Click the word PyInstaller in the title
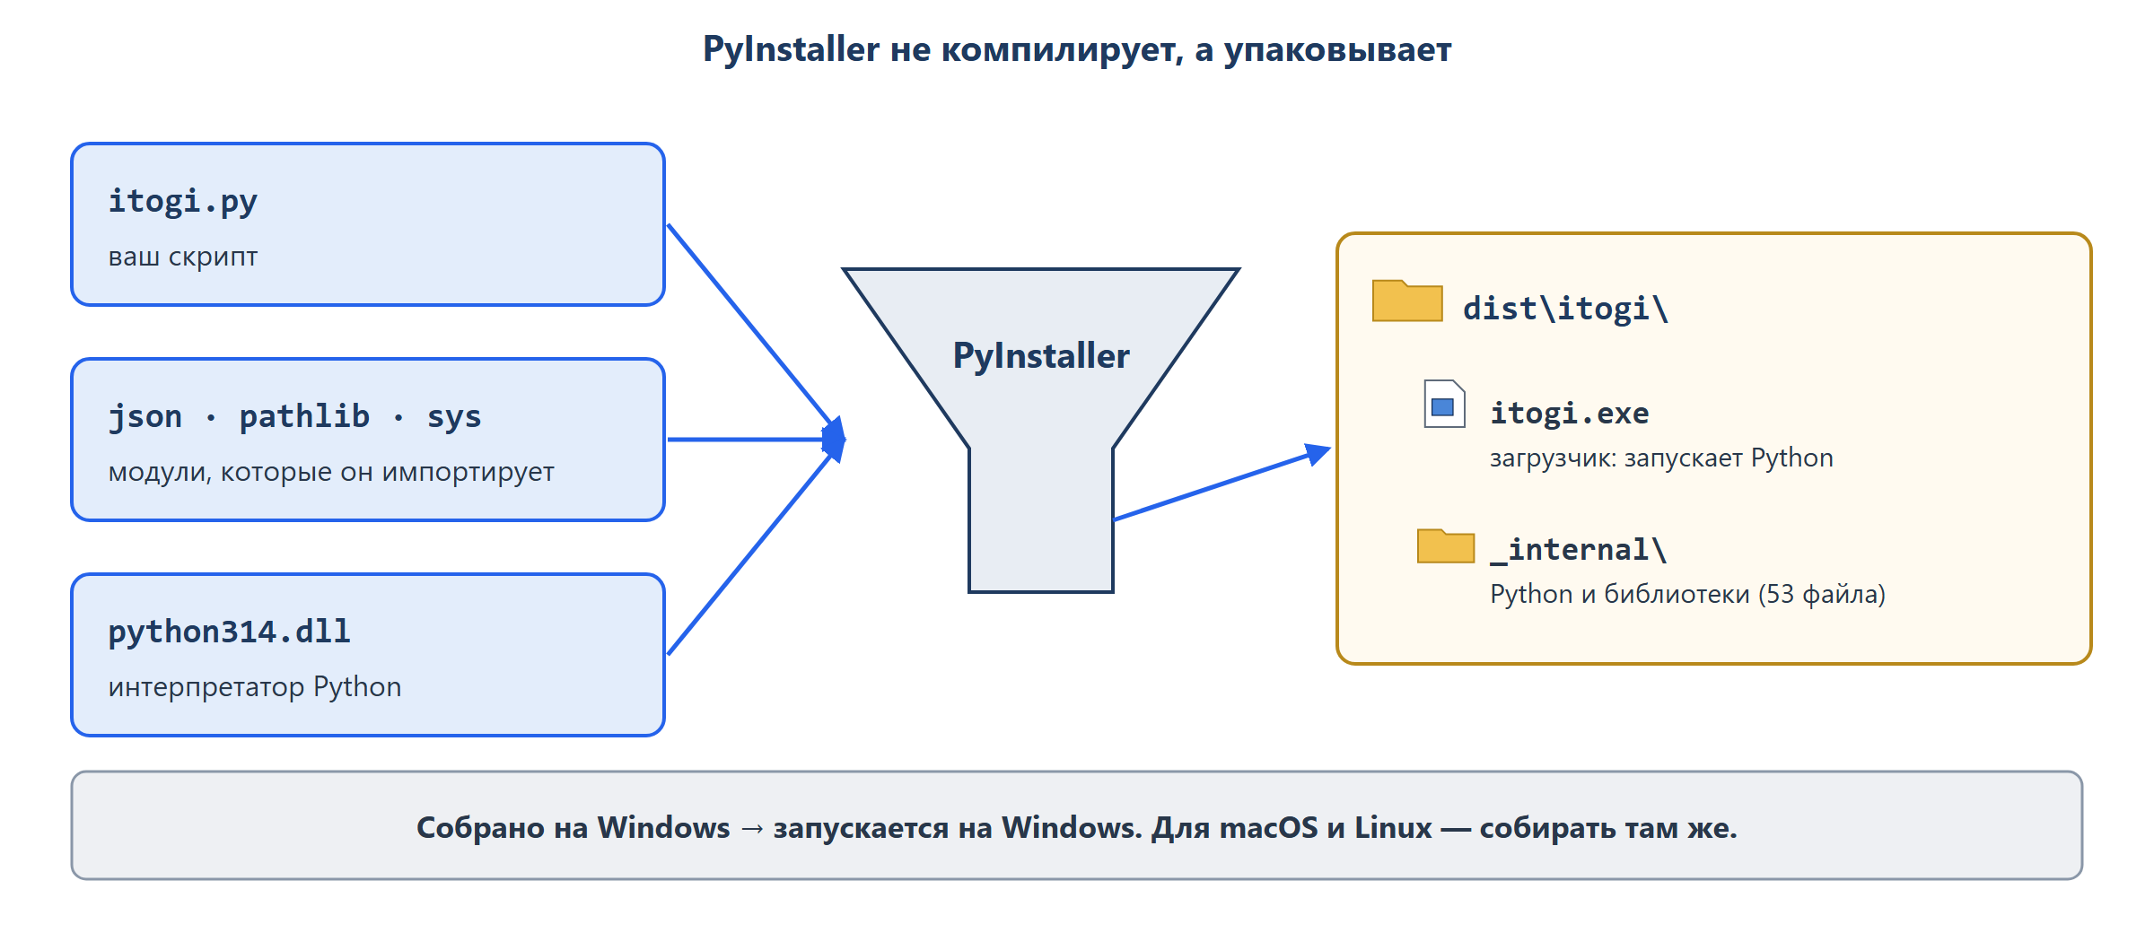pyautogui.click(x=791, y=49)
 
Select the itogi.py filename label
pyautogui.click(x=183, y=201)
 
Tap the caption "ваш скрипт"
pyautogui.click(x=183, y=257)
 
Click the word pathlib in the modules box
pyautogui.click(x=304, y=416)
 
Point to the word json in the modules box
pyautogui.click(x=145, y=416)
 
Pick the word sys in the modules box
pyautogui.click(x=454, y=416)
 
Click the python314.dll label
pyautogui.click(x=230, y=632)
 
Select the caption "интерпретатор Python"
pyautogui.click(x=255, y=687)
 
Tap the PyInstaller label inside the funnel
pyautogui.click(x=1041, y=356)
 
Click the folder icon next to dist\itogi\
pyautogui.click(x=1407, y=301)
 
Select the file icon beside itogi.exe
pyautogui.click(x=1445, y=404)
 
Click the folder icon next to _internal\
pyautogui.click(x=1446, y=545)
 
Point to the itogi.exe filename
pyautogui.click(x=1570, y=413)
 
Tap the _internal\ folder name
pyautogui.click(x=1579, y=549)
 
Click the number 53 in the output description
pyautogui.click(x=1780, y=594)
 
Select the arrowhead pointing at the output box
pyautogui.click(x=1318, y=453)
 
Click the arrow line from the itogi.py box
pyautogui.click(x=750, y=325)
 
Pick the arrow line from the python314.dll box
pyautogui.click(x=750, y=554)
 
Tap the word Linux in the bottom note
pyautogui.click(x=1393, y=827)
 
